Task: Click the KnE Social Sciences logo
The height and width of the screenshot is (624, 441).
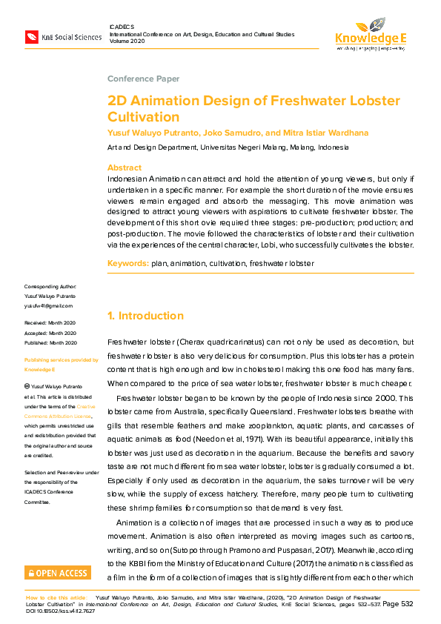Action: pos(63,36)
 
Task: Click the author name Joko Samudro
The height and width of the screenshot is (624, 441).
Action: pos(232,133)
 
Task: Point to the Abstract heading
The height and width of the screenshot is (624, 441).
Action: pos(125,168)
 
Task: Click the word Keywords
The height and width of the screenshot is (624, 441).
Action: pos(128,263)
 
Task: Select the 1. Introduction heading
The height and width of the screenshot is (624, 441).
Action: pos(146,316)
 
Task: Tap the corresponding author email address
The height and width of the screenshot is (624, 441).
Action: pos(48,305)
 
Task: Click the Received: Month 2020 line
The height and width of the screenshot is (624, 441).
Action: pos(50,323)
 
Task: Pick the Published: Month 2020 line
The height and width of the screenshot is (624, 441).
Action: pos(50,342)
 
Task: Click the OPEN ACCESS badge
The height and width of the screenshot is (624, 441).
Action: pos(58,572)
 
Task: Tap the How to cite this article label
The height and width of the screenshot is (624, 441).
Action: pos(56,597)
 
